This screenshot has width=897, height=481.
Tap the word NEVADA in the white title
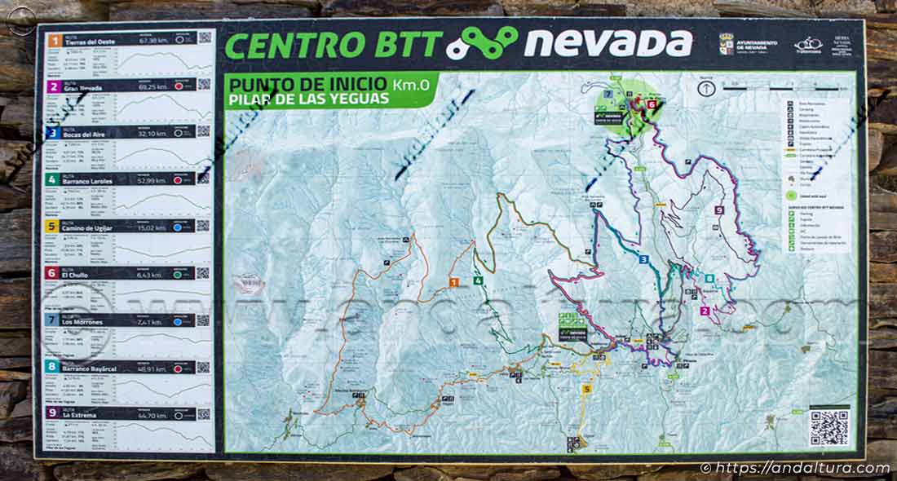point(608,43)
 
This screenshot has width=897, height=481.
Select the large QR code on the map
point(829,427)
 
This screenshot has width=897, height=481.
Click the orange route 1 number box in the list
point(53,39)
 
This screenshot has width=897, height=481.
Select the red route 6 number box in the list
point(53,273)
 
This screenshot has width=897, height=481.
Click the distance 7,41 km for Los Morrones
point(151,321)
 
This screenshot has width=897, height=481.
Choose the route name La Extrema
point(82,415)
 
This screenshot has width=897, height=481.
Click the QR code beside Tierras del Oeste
point(204,38)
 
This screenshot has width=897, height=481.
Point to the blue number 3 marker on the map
point(643,259)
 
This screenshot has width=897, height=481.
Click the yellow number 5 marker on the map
point(586,389)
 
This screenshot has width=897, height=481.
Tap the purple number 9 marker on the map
point(718,210)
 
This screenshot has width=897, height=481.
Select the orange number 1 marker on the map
point(454,282)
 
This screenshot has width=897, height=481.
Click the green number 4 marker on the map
point(478,281)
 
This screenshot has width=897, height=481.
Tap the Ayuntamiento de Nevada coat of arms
point(726,43)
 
